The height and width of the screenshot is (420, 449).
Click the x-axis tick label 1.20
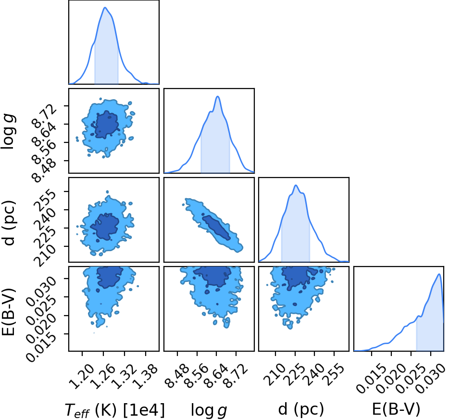pyautogui.click(x=82, y=376)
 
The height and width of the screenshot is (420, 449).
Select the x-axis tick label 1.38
pyautogui.click(x=146, y=376)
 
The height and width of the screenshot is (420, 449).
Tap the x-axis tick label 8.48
pyautogui.click(x=177, y=376)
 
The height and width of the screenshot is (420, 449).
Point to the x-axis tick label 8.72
pyautogui.click(x=236, y=376)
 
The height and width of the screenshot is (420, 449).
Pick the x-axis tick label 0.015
pyautogui.click(x=370, y=378)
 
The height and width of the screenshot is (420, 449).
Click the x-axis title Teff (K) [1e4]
pyautogui.click(x=115, y=410)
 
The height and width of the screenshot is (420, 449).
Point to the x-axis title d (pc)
pyautogui.click(x=300, y=409)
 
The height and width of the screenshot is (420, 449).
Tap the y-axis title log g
pyautogui.click(x=9, y=131)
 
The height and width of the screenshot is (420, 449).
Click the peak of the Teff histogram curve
pyautogui.click(x=105, y=7)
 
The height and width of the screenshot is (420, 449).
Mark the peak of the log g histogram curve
pyautogui.click(x=218, y=96)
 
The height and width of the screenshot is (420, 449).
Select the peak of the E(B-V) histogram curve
pyautogui.click(x=439, y=274)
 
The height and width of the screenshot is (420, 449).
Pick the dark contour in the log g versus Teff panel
pyautogui.click(x=106, y=125)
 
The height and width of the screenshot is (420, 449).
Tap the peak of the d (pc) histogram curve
pyautogui.click(x=296, y=185)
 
